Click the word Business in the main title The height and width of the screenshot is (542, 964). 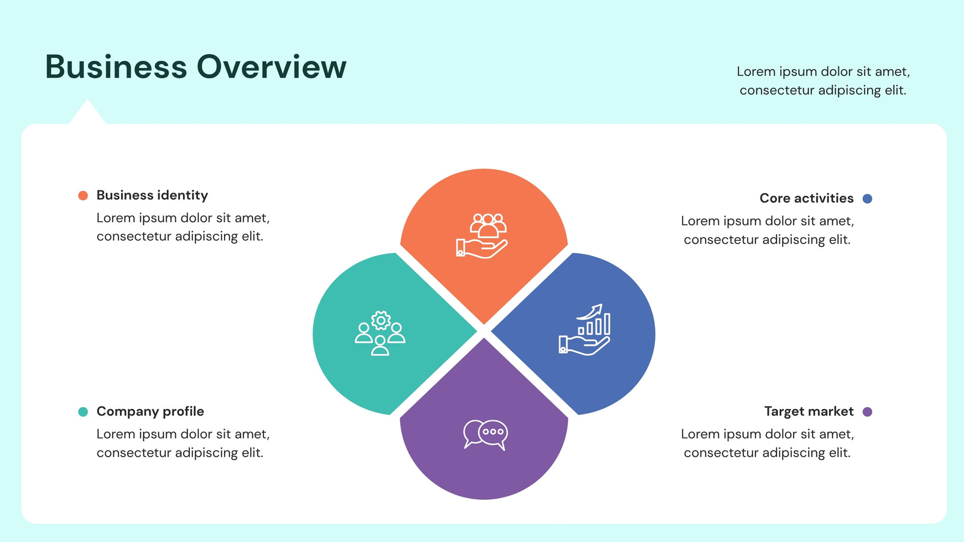tap(116, 67)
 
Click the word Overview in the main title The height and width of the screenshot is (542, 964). tap(272, 67)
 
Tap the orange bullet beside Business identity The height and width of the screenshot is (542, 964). tap(83, 196)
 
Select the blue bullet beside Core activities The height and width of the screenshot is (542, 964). tap(868, 198)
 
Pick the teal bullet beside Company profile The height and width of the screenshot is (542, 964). tap(83, 412)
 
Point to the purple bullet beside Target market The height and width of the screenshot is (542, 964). tap(868, 412)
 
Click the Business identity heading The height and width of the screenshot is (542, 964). tap(152, 195)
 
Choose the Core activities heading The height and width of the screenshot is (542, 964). tap(807, 198)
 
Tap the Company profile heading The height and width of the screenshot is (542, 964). tap(150, 412)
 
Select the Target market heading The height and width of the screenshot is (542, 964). tap(809, 412)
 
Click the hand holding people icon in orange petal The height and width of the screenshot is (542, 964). tap(482, 235)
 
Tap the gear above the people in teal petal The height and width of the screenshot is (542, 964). tap(381, 320)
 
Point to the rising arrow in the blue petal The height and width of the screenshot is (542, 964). tap(590, 312)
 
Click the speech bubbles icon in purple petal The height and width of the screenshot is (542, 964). tap(486, 434)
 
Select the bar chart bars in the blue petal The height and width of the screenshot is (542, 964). tap(594, 325)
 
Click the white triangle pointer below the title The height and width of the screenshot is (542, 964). tap(87, 113)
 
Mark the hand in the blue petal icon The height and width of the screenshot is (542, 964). tap(584, 346)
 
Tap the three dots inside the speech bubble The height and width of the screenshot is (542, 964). tap(493, 431)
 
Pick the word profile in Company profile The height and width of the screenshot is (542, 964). tap(181, 412)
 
